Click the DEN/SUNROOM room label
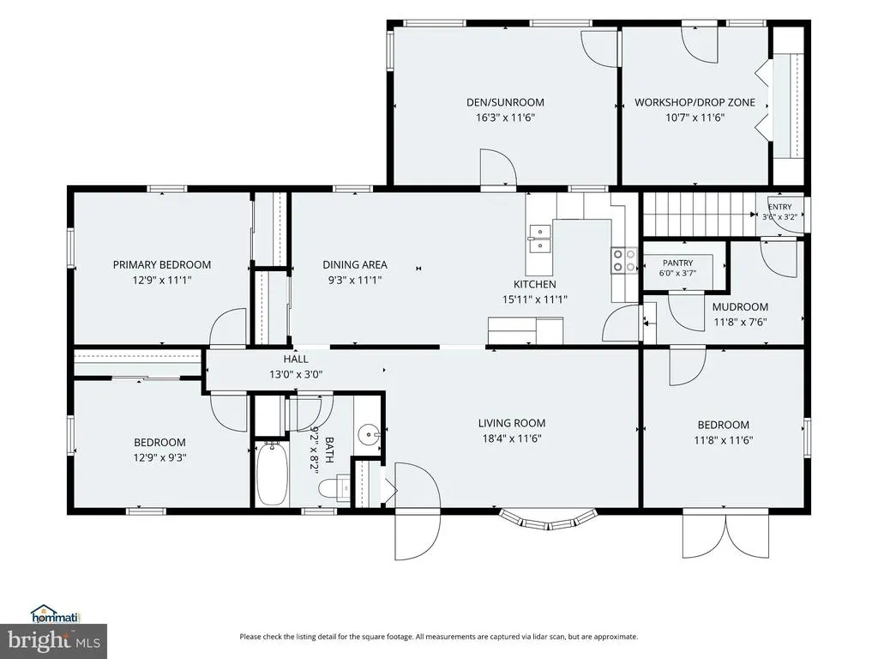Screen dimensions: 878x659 [505, 103]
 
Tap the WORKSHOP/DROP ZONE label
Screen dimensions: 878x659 [695, 103]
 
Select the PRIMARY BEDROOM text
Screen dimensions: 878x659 [162, 264]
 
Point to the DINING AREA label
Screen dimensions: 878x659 [355, 264]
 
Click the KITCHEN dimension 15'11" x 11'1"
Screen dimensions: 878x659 [535, 299]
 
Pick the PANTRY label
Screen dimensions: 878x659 [677, 263]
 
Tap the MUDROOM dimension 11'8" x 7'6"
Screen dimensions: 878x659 [740, 323]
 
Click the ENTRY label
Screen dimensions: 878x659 [779, 207]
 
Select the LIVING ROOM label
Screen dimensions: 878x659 [512, 423]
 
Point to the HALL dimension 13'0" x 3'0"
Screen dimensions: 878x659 [296, 374]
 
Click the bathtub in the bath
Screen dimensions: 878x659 [272, 474]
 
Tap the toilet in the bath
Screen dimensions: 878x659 [335, 487]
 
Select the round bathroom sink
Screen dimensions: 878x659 [369, 433]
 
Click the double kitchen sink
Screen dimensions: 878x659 [540, 239]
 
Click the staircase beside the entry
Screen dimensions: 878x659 [698, 215]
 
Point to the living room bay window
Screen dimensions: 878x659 [549, 519]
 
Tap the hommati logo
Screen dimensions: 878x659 [56, 614]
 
